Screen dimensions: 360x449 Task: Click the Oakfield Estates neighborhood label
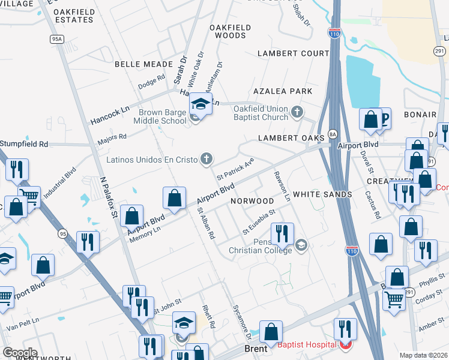click(x=73, y=16)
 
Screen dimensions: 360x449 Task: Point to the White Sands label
click(x=322, y=194)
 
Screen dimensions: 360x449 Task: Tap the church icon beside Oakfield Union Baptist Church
click(x=297, y=112)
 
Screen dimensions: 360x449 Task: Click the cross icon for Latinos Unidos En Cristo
click(x=206, y=159)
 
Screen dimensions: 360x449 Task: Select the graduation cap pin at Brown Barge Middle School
click(x=200, y=104)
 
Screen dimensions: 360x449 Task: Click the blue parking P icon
click(x=382, y=118)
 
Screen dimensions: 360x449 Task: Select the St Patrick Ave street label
click(x=236, y=169)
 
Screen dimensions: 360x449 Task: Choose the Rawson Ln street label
click(x=282, y=186)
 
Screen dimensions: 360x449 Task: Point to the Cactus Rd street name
click(x=372, y=204)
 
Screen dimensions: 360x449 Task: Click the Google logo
click(x=20, y=353)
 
